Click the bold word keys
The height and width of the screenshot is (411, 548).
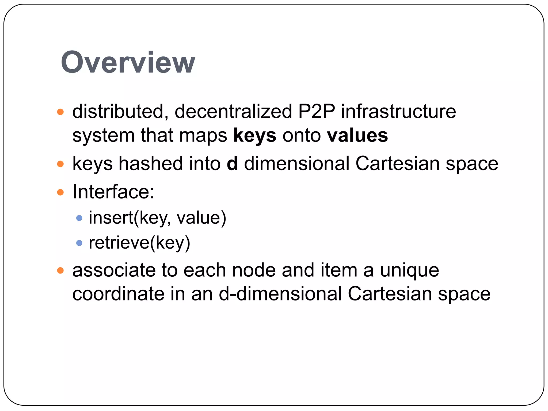(x=254, y=135)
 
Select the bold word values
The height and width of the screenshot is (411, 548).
(x=357, y=135)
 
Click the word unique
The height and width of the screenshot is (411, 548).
(x=409, y=270)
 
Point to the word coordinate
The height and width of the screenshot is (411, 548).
(x=118, y=294)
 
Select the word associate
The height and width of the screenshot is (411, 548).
(x=114, y=270)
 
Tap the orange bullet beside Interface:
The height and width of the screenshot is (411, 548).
(x=60, y=192)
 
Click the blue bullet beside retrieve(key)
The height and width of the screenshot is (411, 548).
(x=79, y=243)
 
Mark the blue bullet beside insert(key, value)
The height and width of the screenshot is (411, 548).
(x=79, y=218)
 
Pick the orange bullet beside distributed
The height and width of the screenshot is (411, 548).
(x=60, y=112)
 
